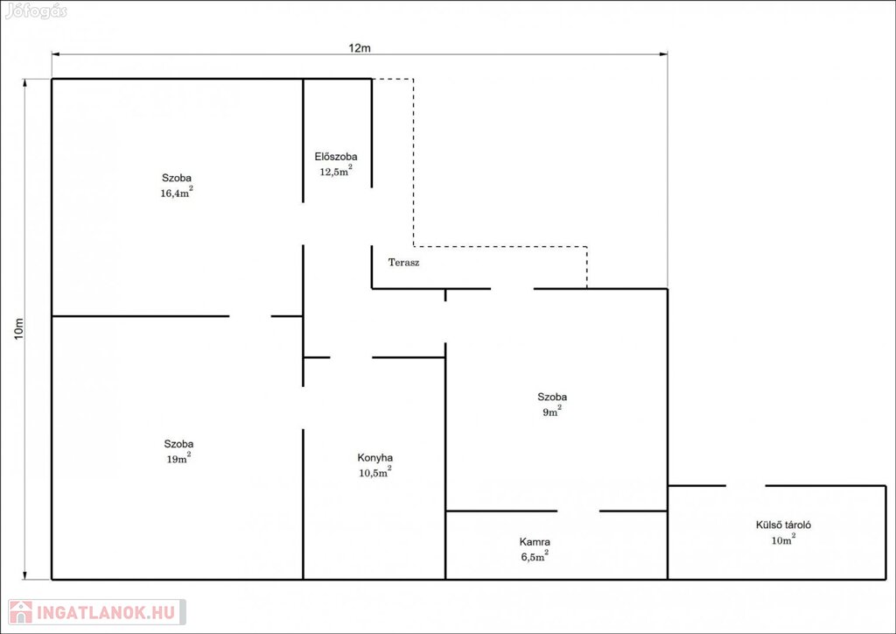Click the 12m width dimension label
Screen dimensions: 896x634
tap(360, 47)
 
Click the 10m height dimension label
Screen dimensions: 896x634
tap(19, 328)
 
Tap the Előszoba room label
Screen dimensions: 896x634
tap(336, 156)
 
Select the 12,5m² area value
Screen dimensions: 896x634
tap(335, 171)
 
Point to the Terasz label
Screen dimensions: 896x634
tap(404, 263)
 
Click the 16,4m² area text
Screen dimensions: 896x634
tap(177, 192)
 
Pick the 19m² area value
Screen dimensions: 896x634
tap(178, 458)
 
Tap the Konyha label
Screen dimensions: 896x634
tap(374, 457)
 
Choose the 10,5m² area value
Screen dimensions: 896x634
tap(374, 472)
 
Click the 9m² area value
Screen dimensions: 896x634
tap(552, 411)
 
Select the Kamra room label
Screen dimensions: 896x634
tap(535, 541)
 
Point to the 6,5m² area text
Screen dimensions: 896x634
tap(535, 556)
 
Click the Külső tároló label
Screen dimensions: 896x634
tap(783, 525)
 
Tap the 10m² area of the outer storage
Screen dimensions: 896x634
tap(783, 539)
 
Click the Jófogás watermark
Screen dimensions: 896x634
tap(36, 11)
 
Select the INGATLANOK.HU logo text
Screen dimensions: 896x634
tap(106, 613)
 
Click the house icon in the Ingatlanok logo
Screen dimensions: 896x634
tap(21, 612)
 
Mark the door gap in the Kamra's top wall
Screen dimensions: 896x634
tap(578, 511)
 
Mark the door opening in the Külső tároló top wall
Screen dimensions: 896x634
tap(745, 486)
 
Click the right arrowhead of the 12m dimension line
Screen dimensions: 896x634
tap(664, 54)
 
